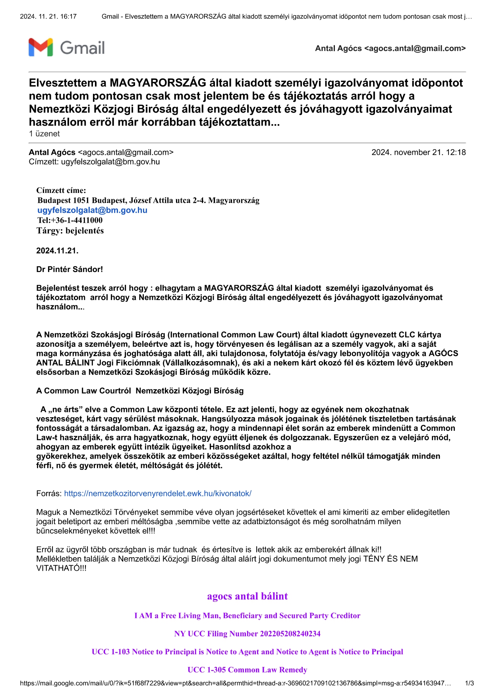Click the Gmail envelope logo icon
(41, 47)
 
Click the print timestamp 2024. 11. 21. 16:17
(48, 16)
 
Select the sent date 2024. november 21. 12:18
(418, 152)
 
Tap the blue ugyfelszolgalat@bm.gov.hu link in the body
(92, 210)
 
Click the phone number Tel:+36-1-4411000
(70, 220)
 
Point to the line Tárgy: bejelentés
(70, 231)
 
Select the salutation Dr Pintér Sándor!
(70, 269)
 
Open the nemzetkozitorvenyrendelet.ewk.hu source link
(158, 494)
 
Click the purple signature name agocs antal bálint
(247, 596)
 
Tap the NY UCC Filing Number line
(247, 634)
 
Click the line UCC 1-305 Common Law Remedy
(247, 670)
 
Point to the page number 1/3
(469, 683)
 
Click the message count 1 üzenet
(44, 134)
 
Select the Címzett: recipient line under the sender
(94, 162)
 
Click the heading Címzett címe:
(61, 190)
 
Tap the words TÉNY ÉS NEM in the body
(391, 559)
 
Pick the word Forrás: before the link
(49, 494)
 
